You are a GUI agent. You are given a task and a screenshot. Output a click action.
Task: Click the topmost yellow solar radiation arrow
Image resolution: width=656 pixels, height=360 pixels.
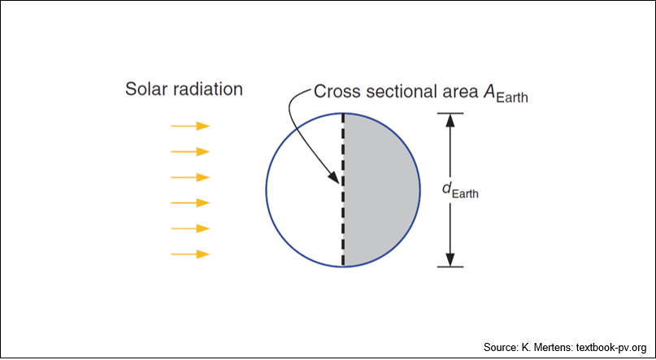click(x=190, y=126)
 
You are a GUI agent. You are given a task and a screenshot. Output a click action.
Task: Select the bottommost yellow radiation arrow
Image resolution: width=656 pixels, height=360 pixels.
click(x=190, y=254)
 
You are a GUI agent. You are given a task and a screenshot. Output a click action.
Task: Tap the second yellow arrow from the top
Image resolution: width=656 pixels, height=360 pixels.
click(x=190, y=151)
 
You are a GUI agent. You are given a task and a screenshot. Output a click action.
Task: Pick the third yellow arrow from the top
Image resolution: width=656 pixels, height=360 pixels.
click(x=190, y=177)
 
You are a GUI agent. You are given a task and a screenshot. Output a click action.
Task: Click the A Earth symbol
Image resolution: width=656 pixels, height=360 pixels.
click(x=506, y=93)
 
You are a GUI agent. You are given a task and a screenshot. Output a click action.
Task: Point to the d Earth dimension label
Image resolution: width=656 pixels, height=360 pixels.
click(x=460, y=190)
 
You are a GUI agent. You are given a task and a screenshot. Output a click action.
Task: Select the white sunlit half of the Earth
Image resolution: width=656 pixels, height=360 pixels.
click(x=305, y=190)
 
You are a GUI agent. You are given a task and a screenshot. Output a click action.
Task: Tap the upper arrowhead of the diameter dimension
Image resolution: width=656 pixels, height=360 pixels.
click(x=450, y=120)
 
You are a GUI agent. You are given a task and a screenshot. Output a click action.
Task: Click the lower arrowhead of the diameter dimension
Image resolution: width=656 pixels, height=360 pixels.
click(x=450, y=260)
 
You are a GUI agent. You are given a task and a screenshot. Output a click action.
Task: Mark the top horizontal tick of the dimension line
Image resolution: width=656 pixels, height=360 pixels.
click(x=450, y=113)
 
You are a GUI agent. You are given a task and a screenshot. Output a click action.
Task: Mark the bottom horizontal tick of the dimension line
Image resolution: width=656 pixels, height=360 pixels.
click(x=450, y=267)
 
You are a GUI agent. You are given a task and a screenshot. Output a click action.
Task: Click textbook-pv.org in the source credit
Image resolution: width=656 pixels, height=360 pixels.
click(x=611, y=348)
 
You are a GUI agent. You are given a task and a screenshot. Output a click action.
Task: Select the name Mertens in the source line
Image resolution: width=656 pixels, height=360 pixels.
click(x=553, y=347)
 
